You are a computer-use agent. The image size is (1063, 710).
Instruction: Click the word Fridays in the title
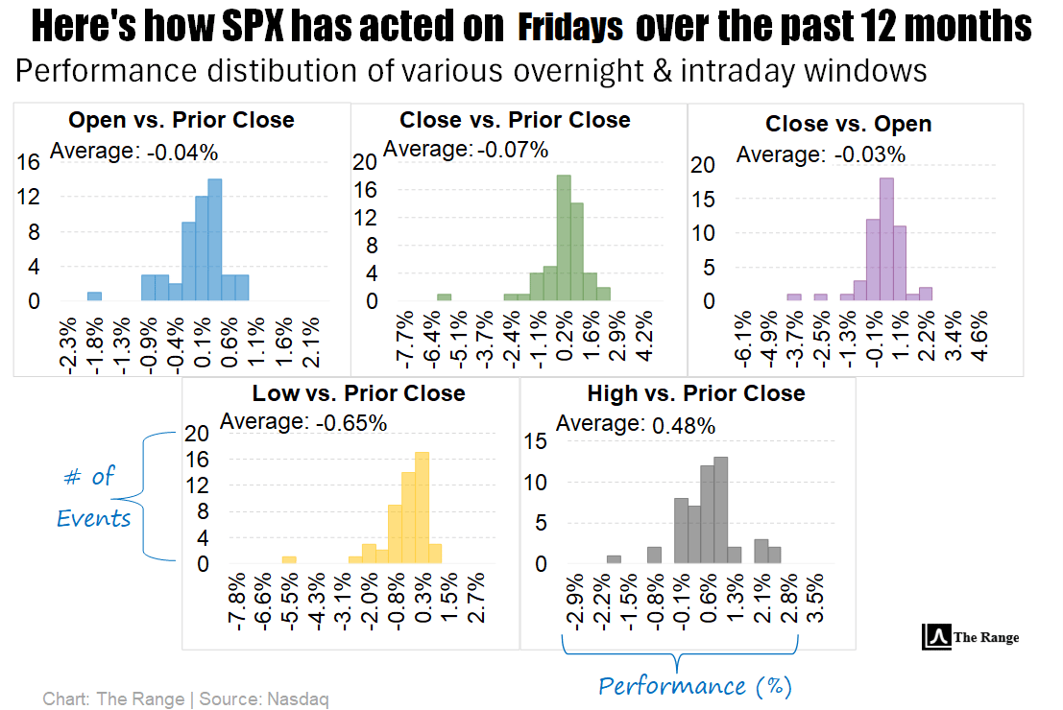570,28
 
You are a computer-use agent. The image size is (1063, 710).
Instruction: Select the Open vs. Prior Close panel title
181,120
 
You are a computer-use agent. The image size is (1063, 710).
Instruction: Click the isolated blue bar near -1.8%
94,296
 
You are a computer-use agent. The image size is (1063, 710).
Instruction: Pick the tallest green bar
564,238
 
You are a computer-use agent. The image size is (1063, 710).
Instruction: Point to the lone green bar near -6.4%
444,297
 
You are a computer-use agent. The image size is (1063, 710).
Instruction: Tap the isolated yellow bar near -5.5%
289,559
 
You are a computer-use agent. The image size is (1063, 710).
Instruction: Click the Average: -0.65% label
303,422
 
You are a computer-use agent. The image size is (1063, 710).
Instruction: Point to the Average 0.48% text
636,424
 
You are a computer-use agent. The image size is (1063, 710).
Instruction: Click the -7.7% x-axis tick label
404,340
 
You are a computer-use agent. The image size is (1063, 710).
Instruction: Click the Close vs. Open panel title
848,124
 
